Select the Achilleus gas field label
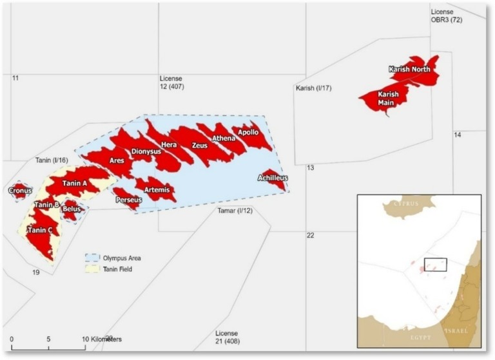(x=272, y=178)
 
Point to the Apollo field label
(x=248, y=133)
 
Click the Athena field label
(x=223, y=137)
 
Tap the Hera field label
(x=169, y=145)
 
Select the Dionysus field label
(x=146, y=152)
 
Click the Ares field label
(x=117, y=160)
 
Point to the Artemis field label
(x=157, y=189)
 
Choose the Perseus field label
(x=128, y=200)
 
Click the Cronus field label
(x=19, y=191)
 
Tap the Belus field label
(x=71, y=209)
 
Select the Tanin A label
(x=75, y=184)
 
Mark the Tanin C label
(x=40, y=231)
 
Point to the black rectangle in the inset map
(x=435, y=264)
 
